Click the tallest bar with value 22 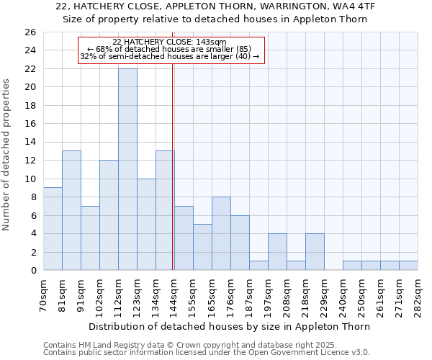[127, 169]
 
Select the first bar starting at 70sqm [53, 228]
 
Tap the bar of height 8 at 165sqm [221, 233]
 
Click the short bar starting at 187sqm [258, 265]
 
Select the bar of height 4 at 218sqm [315, 251]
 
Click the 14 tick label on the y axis [30, 143]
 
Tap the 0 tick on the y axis [33, 270]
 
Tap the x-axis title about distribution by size [230, 326]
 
